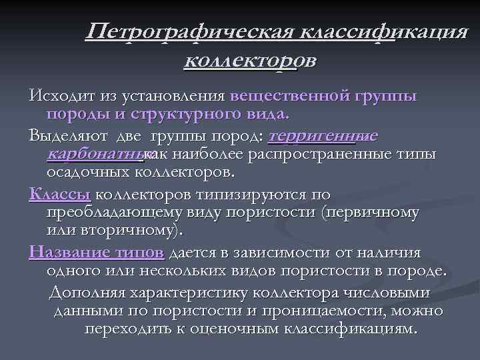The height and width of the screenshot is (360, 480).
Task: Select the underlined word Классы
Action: (x=60, y=195)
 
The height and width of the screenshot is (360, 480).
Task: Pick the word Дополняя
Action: (x=82, y=294)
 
